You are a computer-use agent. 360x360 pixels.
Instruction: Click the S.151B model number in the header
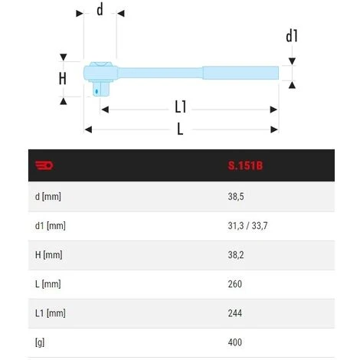pyautogui.click(x=245, y=165)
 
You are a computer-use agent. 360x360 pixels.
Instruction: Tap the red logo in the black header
pyautogui.click(x=44, y=165)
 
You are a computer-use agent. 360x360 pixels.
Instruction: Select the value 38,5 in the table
pyautogui.click(x=236, y=197)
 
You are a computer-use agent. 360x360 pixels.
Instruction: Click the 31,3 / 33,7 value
pyautogui.click(x=247, y=226)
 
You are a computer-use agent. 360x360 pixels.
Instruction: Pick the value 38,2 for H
pyautogui.click(x=236, y=255)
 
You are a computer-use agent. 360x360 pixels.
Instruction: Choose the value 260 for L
pyautogui.click(x=235, y=284)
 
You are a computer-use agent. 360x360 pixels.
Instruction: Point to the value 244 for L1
pyautogui.click(x=235, y=313)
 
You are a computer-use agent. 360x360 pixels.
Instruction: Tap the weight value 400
pyautogui.click(x=235, y=342)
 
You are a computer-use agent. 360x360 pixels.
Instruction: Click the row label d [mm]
pyautogui.click(x=48, y=197)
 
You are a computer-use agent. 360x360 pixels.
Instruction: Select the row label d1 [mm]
pyautogui.click(x=51, y=226)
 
